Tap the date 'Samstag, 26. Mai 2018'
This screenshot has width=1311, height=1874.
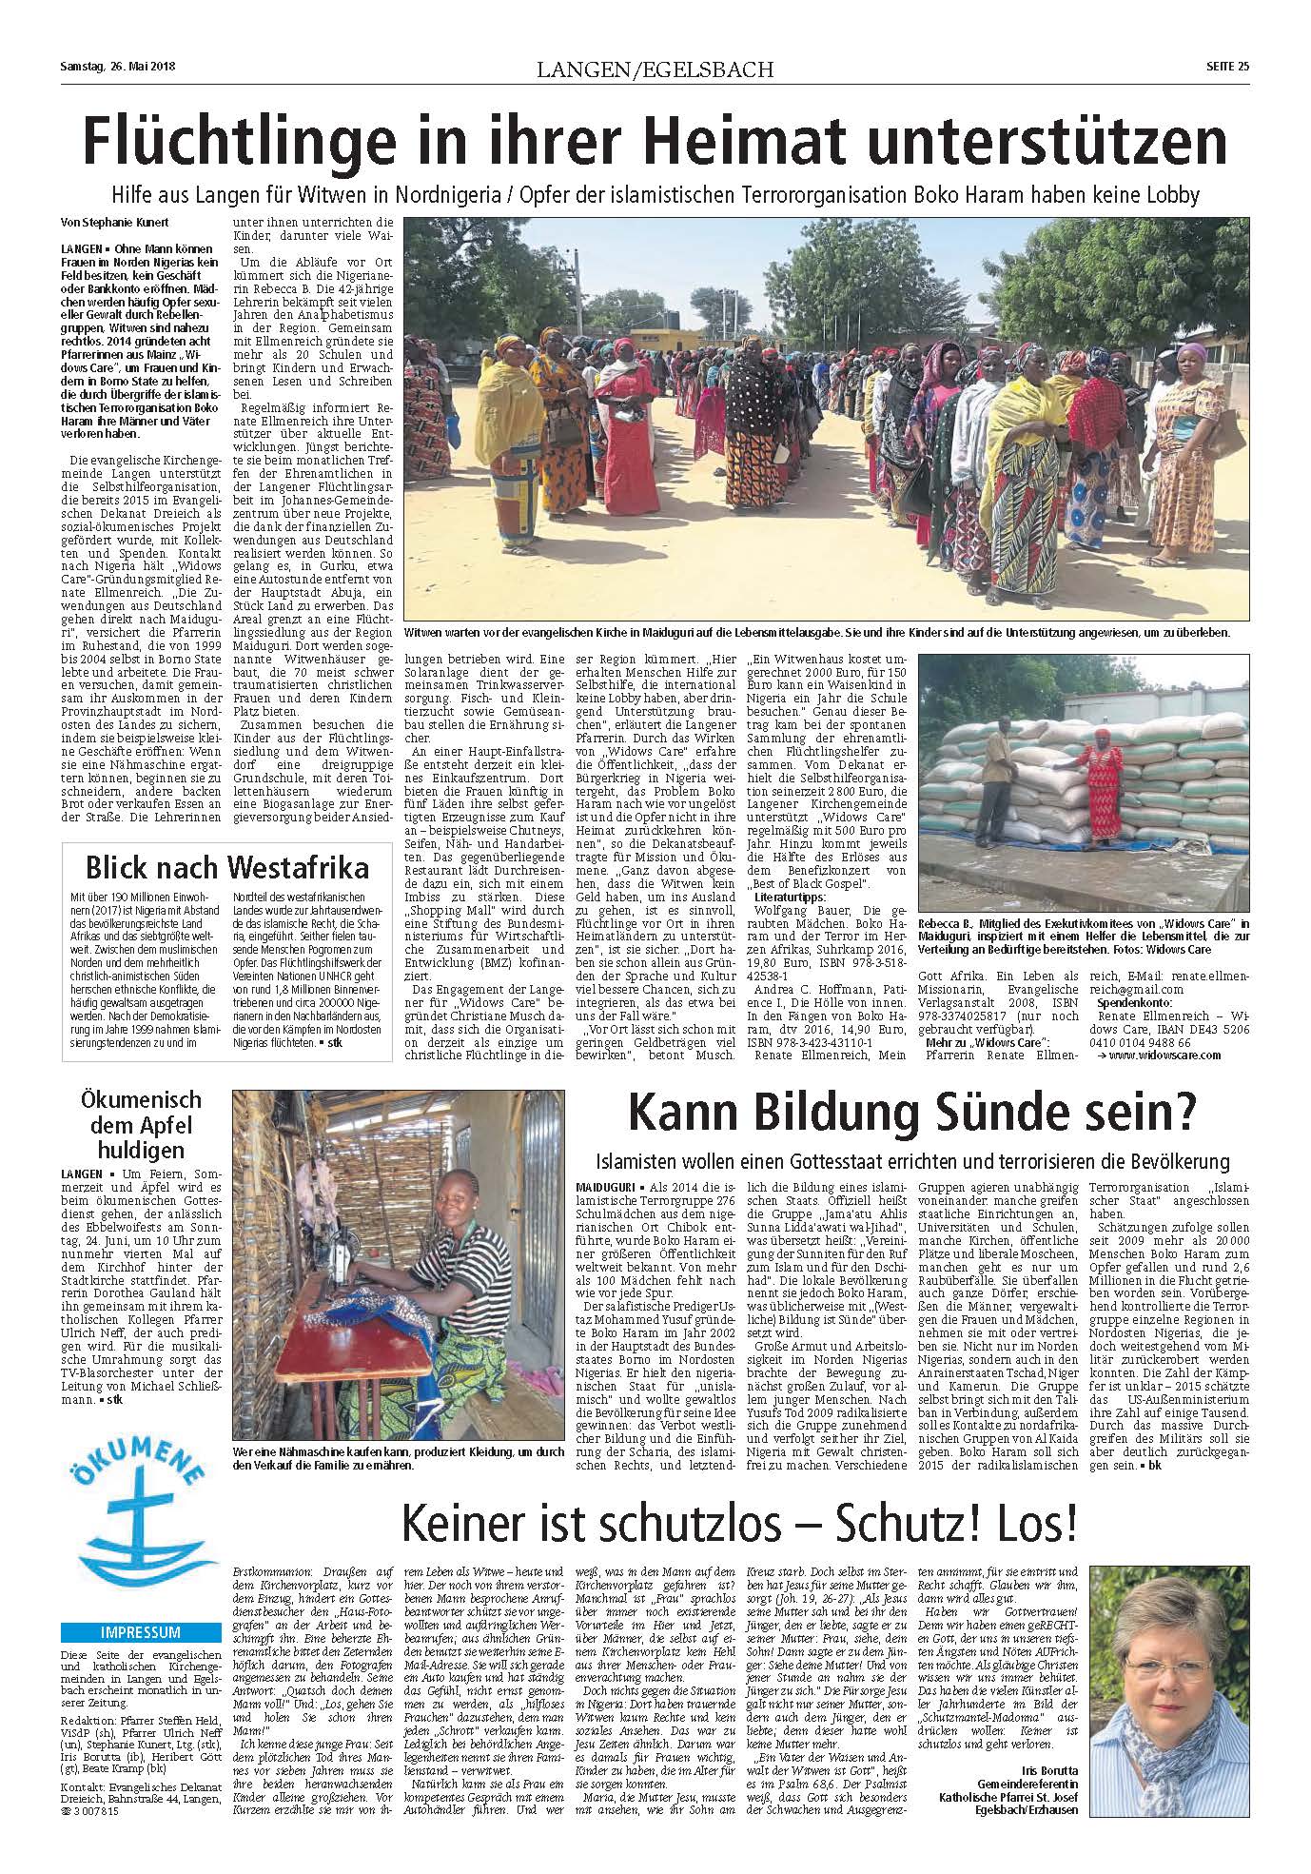(111, 67)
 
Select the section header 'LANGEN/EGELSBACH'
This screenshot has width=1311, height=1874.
(655, 69)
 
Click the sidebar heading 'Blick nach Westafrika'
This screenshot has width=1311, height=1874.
(227, 868)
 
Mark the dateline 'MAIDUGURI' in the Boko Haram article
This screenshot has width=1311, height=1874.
(606, 1188)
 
